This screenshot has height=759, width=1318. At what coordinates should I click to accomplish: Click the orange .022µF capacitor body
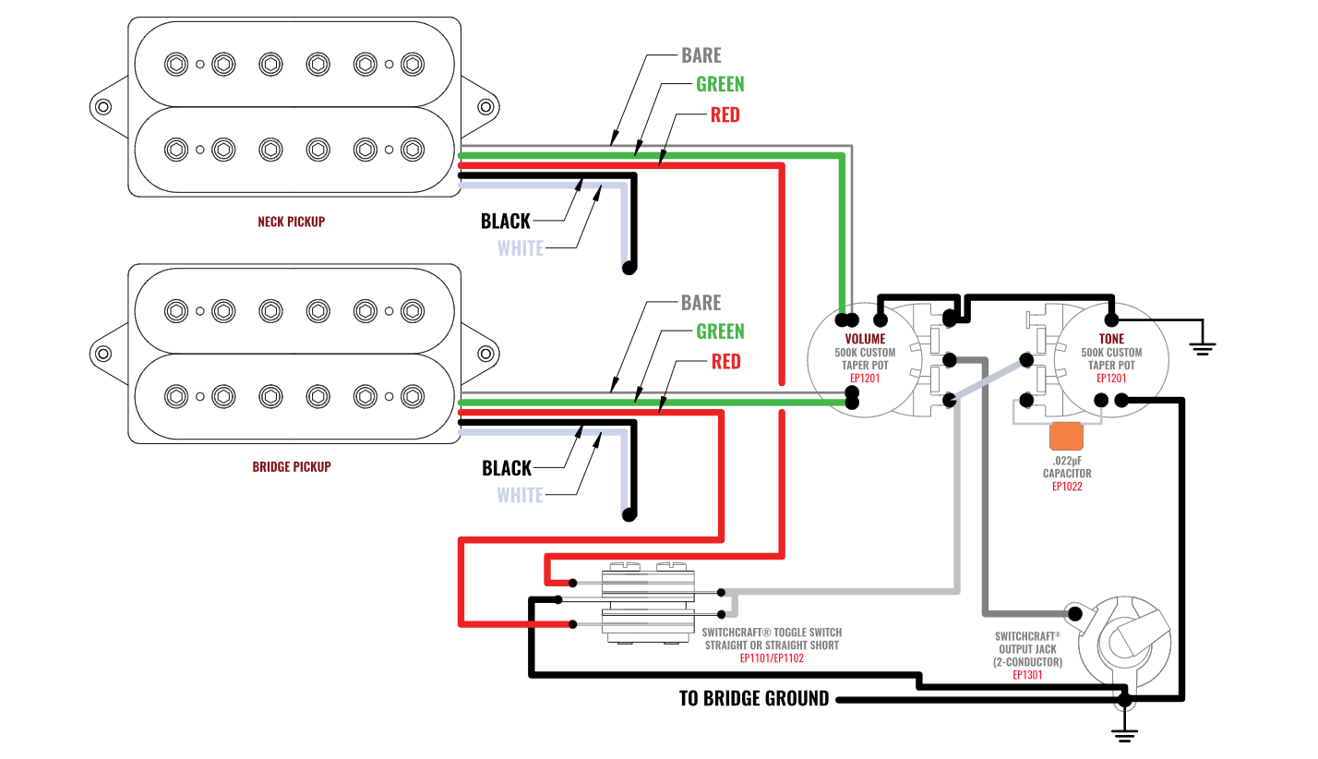pos(1066,435)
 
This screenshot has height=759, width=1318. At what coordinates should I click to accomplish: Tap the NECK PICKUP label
pos(291,222)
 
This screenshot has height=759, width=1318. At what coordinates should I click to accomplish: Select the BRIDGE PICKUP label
pos(291,466)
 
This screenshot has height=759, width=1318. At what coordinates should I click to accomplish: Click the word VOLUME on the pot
pos(865,339)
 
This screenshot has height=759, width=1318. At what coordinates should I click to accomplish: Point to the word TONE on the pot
pos(1112,339)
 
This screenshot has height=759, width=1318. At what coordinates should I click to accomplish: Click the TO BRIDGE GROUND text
pos(754,699)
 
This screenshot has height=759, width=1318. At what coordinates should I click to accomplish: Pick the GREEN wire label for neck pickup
pos(720,84)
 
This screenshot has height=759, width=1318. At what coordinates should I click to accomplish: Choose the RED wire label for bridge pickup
pos(725,361)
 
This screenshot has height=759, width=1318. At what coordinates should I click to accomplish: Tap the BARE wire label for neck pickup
pos(701,55)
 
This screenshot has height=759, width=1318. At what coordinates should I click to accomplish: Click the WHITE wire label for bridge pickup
pos(520,495)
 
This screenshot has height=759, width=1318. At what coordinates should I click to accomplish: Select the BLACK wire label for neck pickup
pos(506,221)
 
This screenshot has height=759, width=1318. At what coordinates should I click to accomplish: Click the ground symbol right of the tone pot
pos(1202,345)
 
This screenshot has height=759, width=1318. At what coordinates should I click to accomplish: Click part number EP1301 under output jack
pos(1027,675)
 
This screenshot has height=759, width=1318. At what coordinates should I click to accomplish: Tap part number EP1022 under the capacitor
pos(1067,486)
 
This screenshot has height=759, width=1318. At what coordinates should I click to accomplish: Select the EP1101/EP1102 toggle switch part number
pos(772,658)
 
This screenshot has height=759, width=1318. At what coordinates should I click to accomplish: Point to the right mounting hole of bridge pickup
pos(485,353)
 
